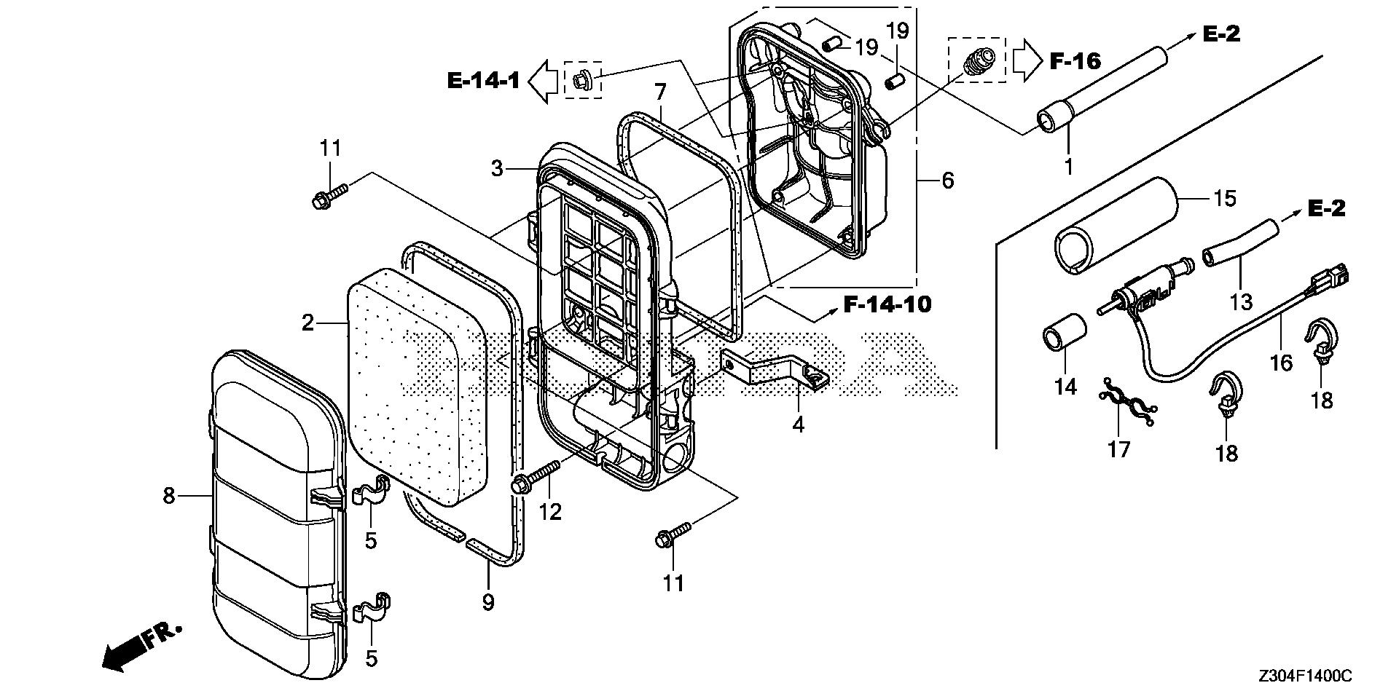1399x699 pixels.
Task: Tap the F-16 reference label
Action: point(1075,60)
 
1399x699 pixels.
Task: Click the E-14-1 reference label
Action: point(483,79)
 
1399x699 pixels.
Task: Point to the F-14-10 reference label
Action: point(887,304)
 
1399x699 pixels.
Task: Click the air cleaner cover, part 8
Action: point(277,502)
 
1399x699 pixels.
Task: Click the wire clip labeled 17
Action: point(1126,403)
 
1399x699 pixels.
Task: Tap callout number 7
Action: point(660,92)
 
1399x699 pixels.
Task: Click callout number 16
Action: point(1281,362)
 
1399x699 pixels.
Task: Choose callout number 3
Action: point(497,169)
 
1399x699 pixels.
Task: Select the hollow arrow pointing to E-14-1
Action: point(543,79)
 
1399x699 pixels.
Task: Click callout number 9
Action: point(488,602)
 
